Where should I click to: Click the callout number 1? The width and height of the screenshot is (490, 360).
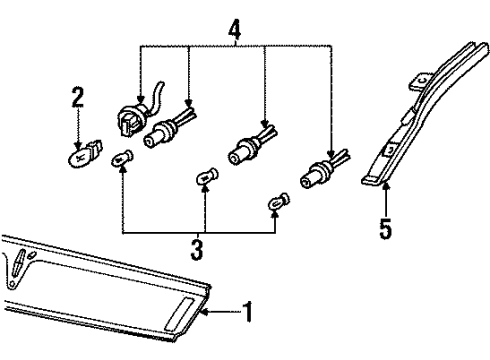coord(248,312)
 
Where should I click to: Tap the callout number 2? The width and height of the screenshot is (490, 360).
coord(78,97)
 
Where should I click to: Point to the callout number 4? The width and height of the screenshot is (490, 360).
coord(235,30)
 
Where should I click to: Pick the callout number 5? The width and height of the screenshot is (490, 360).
coord(386,229)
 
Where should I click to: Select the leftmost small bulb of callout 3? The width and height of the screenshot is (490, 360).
coord(122,158)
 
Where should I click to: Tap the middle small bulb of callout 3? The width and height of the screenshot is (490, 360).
coord(207,177)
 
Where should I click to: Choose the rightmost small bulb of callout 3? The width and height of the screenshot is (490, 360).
coord(279,201)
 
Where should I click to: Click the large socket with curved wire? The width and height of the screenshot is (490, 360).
coord(137,112)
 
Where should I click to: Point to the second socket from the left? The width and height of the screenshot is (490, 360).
coord(169,128)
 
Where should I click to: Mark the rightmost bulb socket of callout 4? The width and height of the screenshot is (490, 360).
coord(324,170)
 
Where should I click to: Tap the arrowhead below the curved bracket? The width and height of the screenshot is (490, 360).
coord(386,186)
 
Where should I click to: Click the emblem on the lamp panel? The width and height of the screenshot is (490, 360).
coord(19,263)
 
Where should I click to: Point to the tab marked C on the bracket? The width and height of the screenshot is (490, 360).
coord(420,81)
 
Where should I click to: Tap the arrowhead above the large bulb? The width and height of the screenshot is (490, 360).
coord(78,145)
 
